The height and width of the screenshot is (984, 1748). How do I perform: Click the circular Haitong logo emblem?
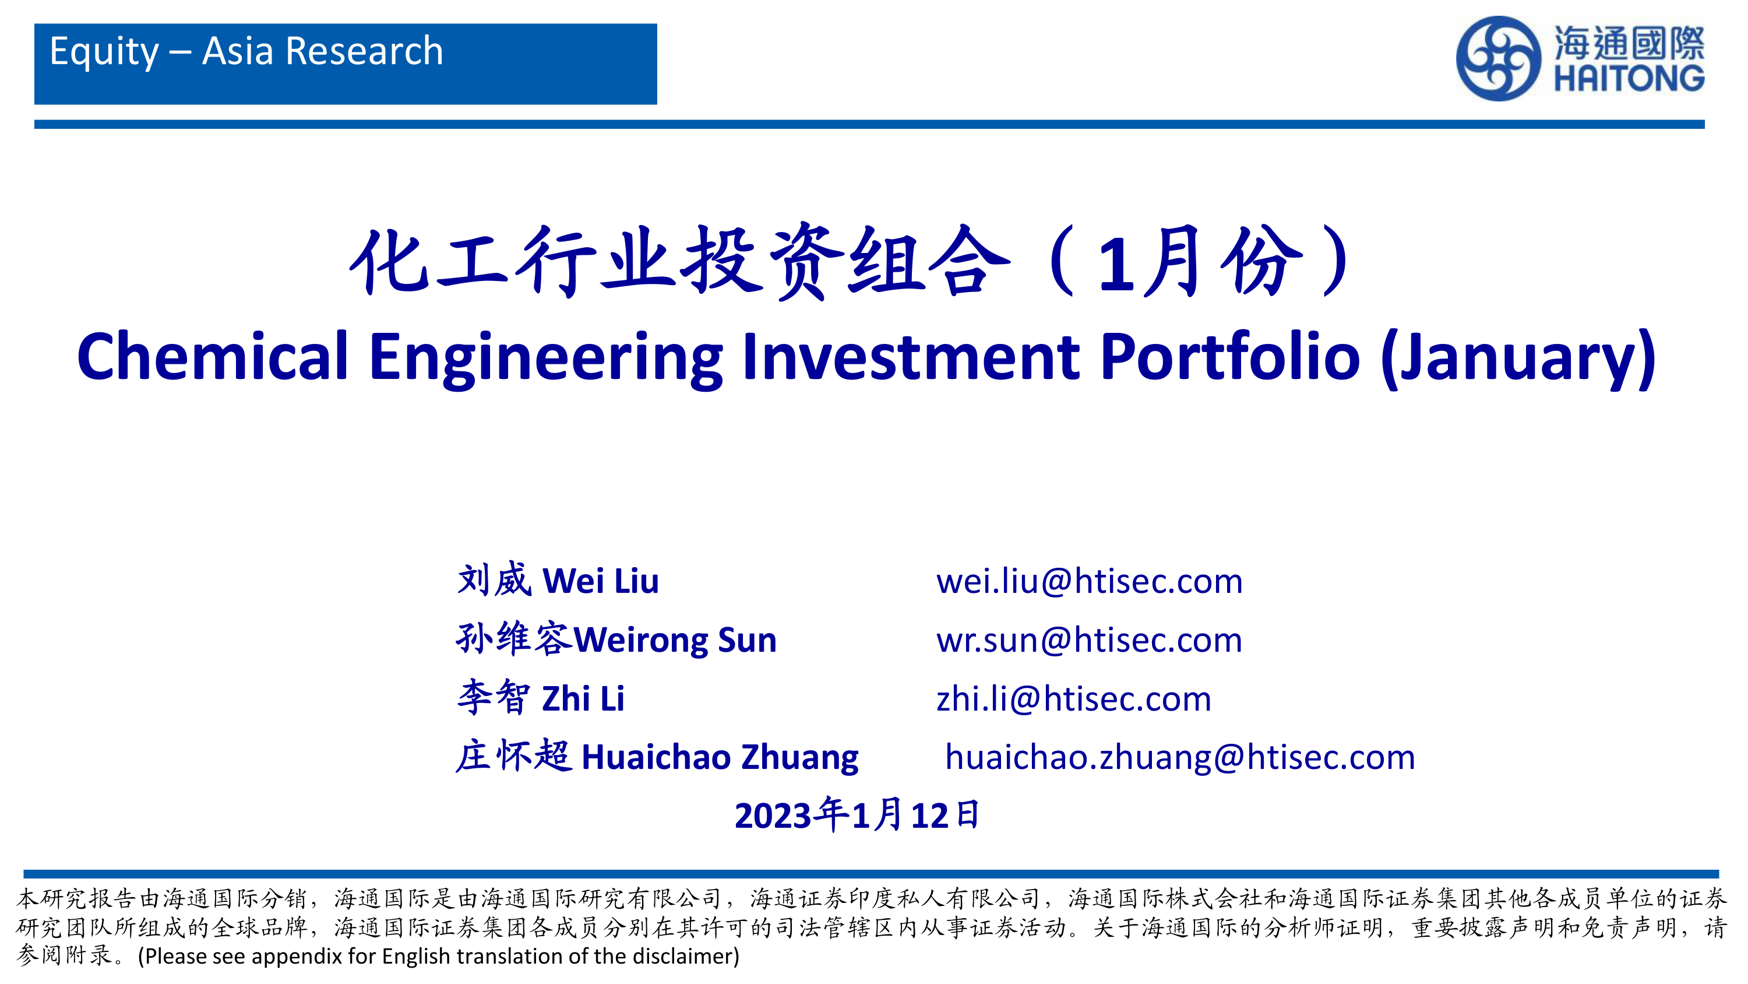click(1497, 59)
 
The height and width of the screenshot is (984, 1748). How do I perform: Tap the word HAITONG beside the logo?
click(1629, 78)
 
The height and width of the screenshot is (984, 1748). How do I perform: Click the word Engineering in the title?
click(547, 360)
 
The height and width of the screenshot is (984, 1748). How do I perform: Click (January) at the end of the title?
click(1518, 360)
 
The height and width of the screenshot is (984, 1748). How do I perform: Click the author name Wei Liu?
click(601, 581)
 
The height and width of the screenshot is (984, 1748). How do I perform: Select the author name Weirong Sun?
click(675, 641)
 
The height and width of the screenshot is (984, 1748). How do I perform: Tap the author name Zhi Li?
click(583, 699)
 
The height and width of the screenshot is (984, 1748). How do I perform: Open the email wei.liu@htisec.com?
click(1089, 582)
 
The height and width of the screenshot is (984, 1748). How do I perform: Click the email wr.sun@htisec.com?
click(1089, 641)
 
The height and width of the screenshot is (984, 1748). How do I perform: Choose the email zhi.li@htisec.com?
click(1073, 700)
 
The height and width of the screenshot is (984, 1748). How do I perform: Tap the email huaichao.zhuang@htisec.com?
click(1180, 758)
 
